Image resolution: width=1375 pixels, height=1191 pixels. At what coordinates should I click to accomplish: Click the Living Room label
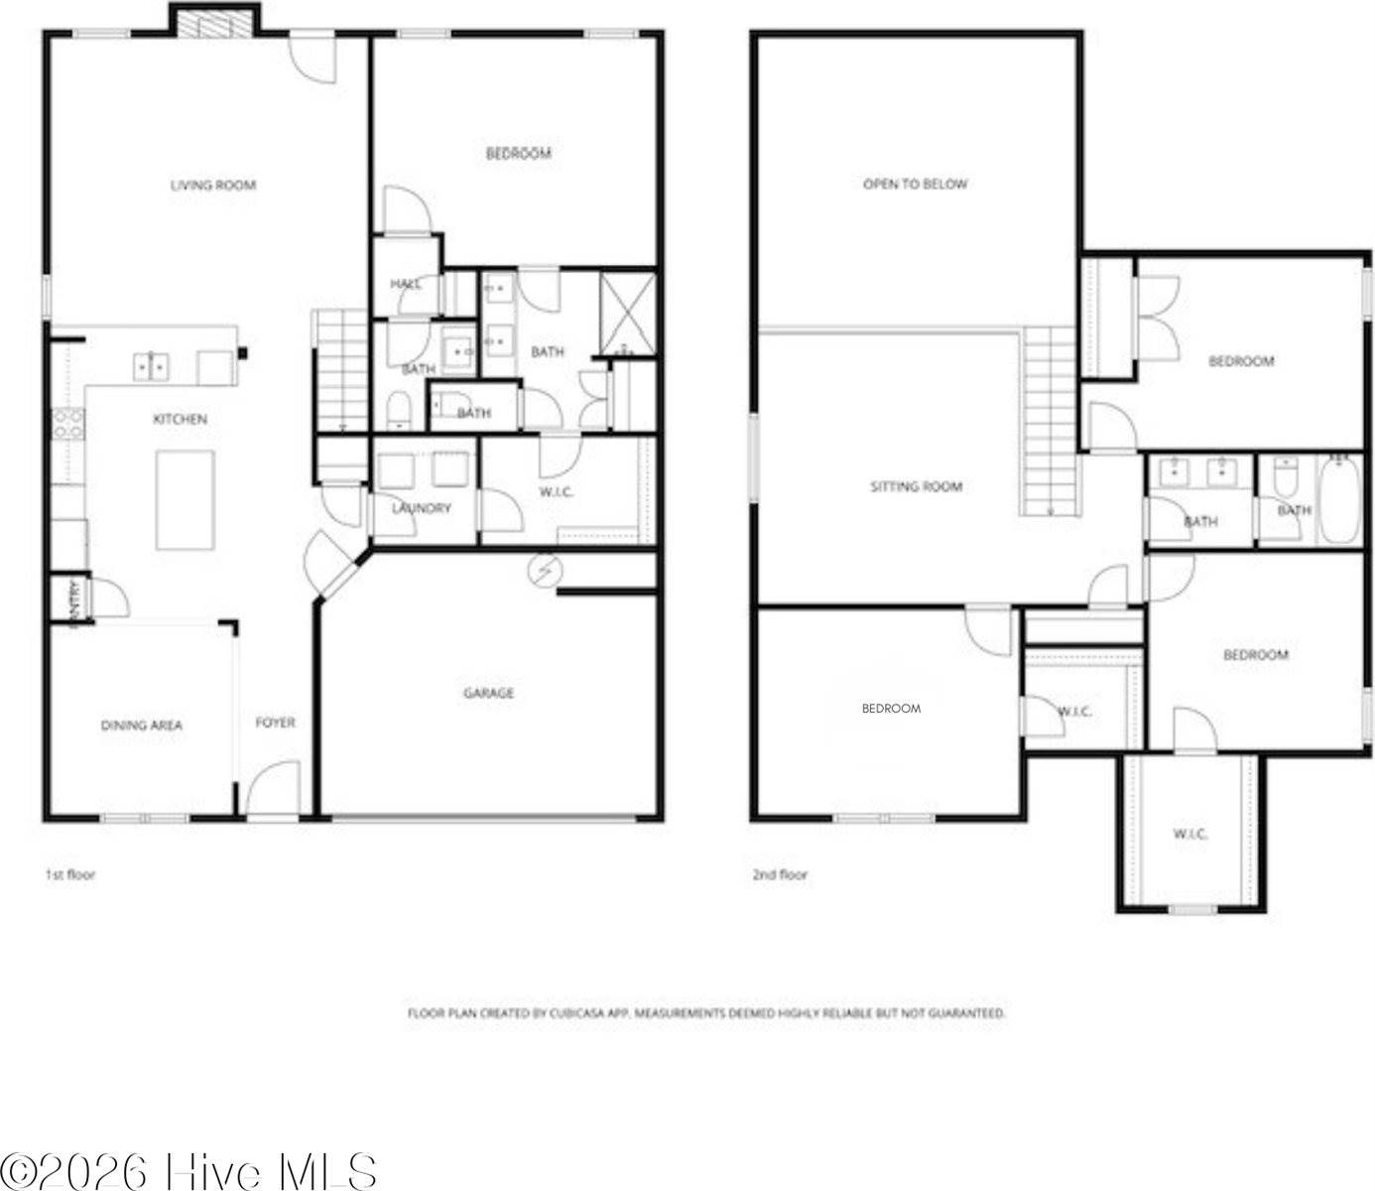213,185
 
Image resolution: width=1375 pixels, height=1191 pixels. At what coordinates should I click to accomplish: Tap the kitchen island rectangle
186,499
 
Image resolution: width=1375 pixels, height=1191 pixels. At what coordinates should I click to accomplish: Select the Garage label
489,693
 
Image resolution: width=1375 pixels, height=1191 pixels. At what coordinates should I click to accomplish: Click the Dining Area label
142,726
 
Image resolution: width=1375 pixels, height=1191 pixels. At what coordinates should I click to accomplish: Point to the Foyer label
276,723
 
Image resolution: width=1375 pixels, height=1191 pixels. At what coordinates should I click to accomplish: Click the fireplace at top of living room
214,22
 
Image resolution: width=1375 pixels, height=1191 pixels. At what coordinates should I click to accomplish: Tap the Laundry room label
422,508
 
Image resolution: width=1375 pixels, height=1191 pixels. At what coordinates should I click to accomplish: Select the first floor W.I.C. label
557,491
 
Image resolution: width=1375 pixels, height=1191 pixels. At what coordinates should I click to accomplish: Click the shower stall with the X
628,315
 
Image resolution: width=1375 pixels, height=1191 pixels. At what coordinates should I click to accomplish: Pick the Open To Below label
915,184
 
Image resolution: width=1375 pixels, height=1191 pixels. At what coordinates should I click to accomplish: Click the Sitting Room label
917,486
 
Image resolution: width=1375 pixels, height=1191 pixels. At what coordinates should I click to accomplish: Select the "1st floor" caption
70,874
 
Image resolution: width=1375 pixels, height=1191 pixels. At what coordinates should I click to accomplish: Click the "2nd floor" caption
780,874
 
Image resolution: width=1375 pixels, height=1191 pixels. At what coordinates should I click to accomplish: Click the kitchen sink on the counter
151,367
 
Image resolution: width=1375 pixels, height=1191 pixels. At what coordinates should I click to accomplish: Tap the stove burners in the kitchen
68,425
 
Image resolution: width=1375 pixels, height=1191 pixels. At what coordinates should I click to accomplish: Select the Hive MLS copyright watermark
188,1170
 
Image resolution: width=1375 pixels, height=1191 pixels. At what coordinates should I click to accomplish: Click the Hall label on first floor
405,284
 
